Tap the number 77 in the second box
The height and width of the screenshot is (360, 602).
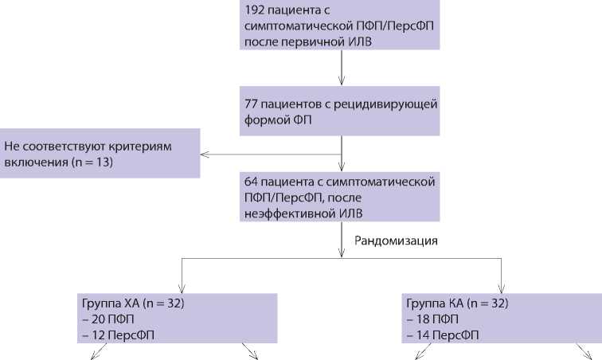(253, 104)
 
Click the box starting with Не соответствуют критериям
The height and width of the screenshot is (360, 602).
(100, 153)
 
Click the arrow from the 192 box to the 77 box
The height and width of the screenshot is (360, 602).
(342, 68)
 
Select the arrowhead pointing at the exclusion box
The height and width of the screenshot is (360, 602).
(205, 154)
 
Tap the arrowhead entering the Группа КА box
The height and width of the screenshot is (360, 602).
(501, 288)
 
